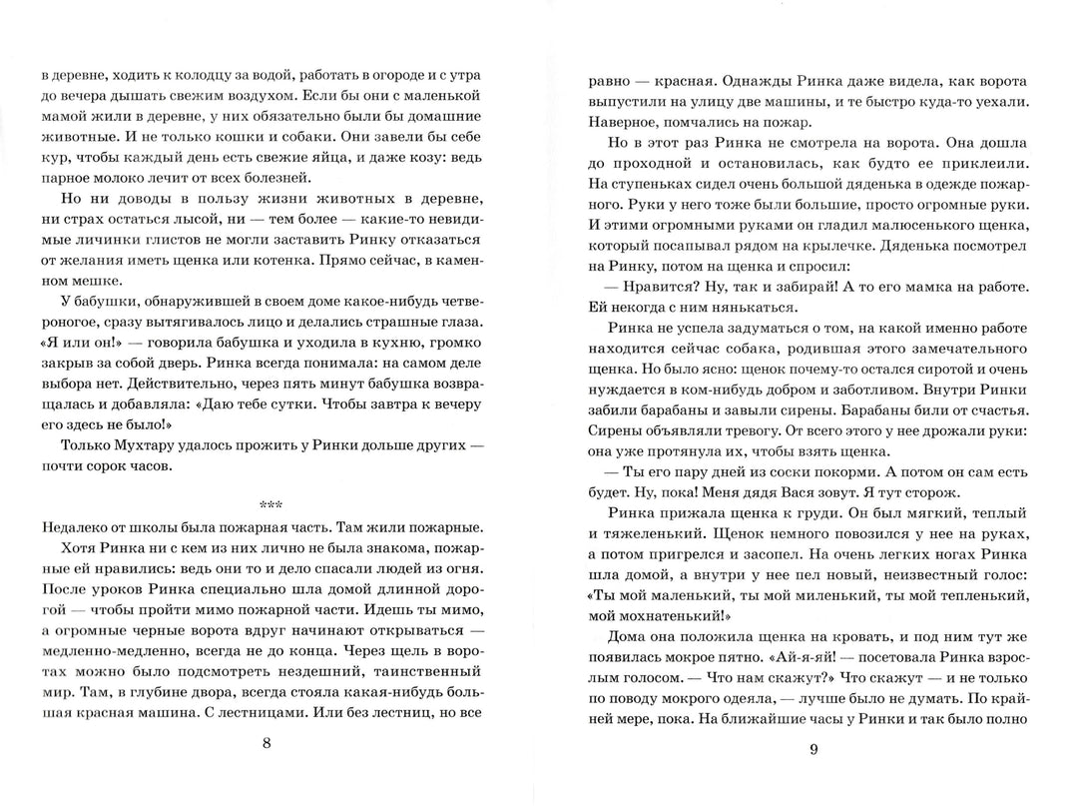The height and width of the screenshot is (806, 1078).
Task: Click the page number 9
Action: (814, 750)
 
